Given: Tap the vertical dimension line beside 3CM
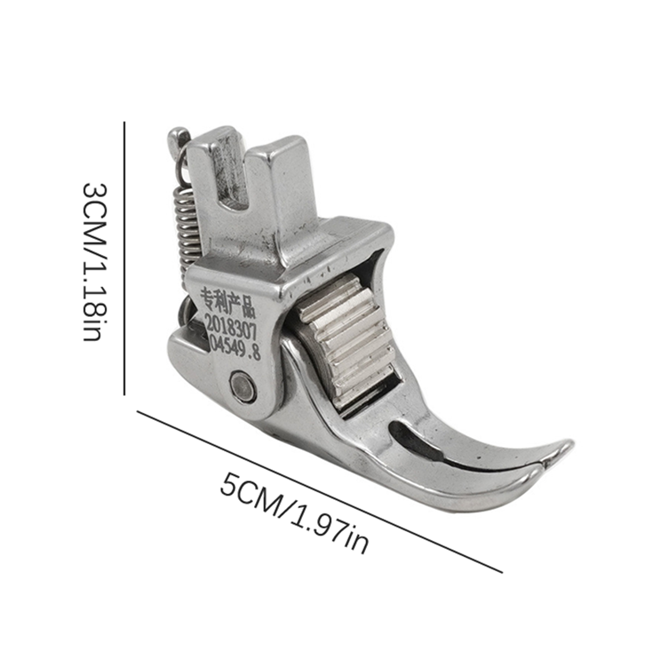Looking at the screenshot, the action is (x=124, y=258).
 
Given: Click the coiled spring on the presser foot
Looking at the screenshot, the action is (x=186, y=227).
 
